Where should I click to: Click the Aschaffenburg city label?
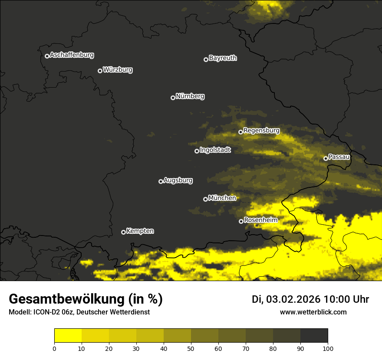click(72, 55)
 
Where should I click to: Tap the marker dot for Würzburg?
click(100, 71)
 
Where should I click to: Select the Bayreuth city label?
click(223, 58)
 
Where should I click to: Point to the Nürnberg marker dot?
click(173, 98)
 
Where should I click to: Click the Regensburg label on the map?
click(261, 131)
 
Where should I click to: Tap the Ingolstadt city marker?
click(197, 151)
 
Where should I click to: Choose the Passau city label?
click(339, 157)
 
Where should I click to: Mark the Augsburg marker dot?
click(161, 181)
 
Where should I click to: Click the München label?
click(222, 198)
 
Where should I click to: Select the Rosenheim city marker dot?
click(241, 221)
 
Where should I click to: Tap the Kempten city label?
click(140, 231)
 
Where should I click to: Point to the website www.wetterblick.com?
click(313, 312)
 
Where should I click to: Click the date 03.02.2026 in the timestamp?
click(293, 299)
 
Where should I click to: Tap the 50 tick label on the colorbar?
click(191, 348)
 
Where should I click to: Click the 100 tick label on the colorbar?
click(327, 348)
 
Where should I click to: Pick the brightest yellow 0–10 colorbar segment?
click(68, 336)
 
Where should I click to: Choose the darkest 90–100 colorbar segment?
click(314, 336)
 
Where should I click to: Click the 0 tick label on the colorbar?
click(54, 348)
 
